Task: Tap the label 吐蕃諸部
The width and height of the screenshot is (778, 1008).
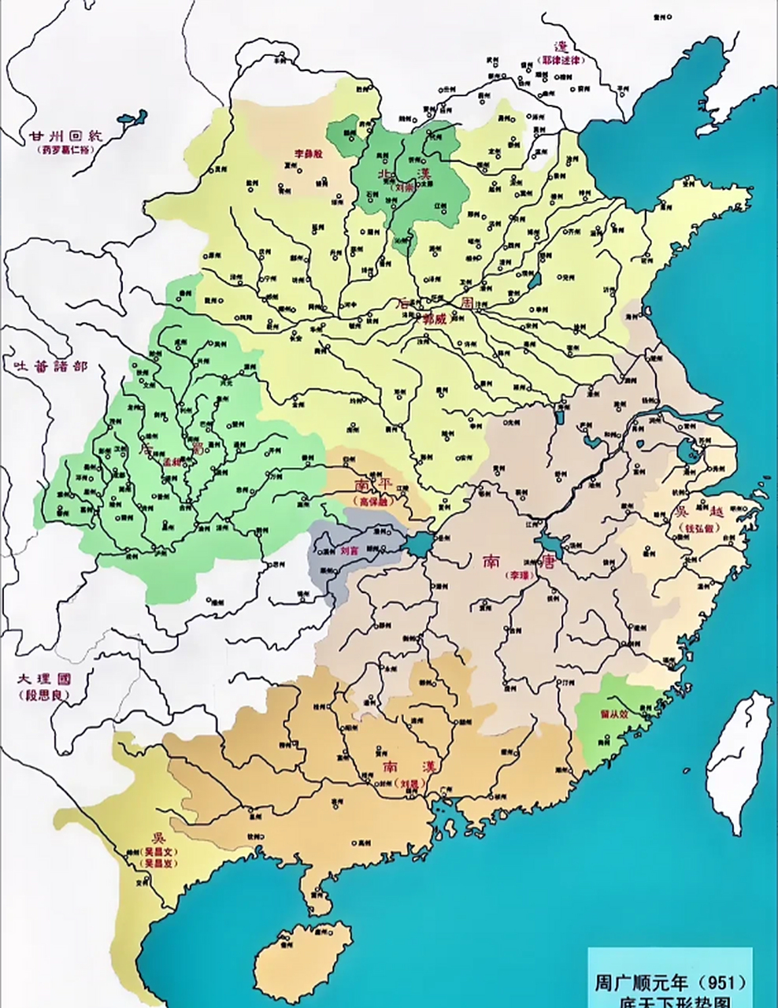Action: pyautogui.click(x=47, y=366)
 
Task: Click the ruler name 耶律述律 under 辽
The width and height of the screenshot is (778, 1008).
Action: pyautogui.click(x=561, y=61)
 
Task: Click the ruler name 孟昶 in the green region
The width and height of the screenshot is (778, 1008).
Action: pyautogui.click(x=171, y=464)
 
